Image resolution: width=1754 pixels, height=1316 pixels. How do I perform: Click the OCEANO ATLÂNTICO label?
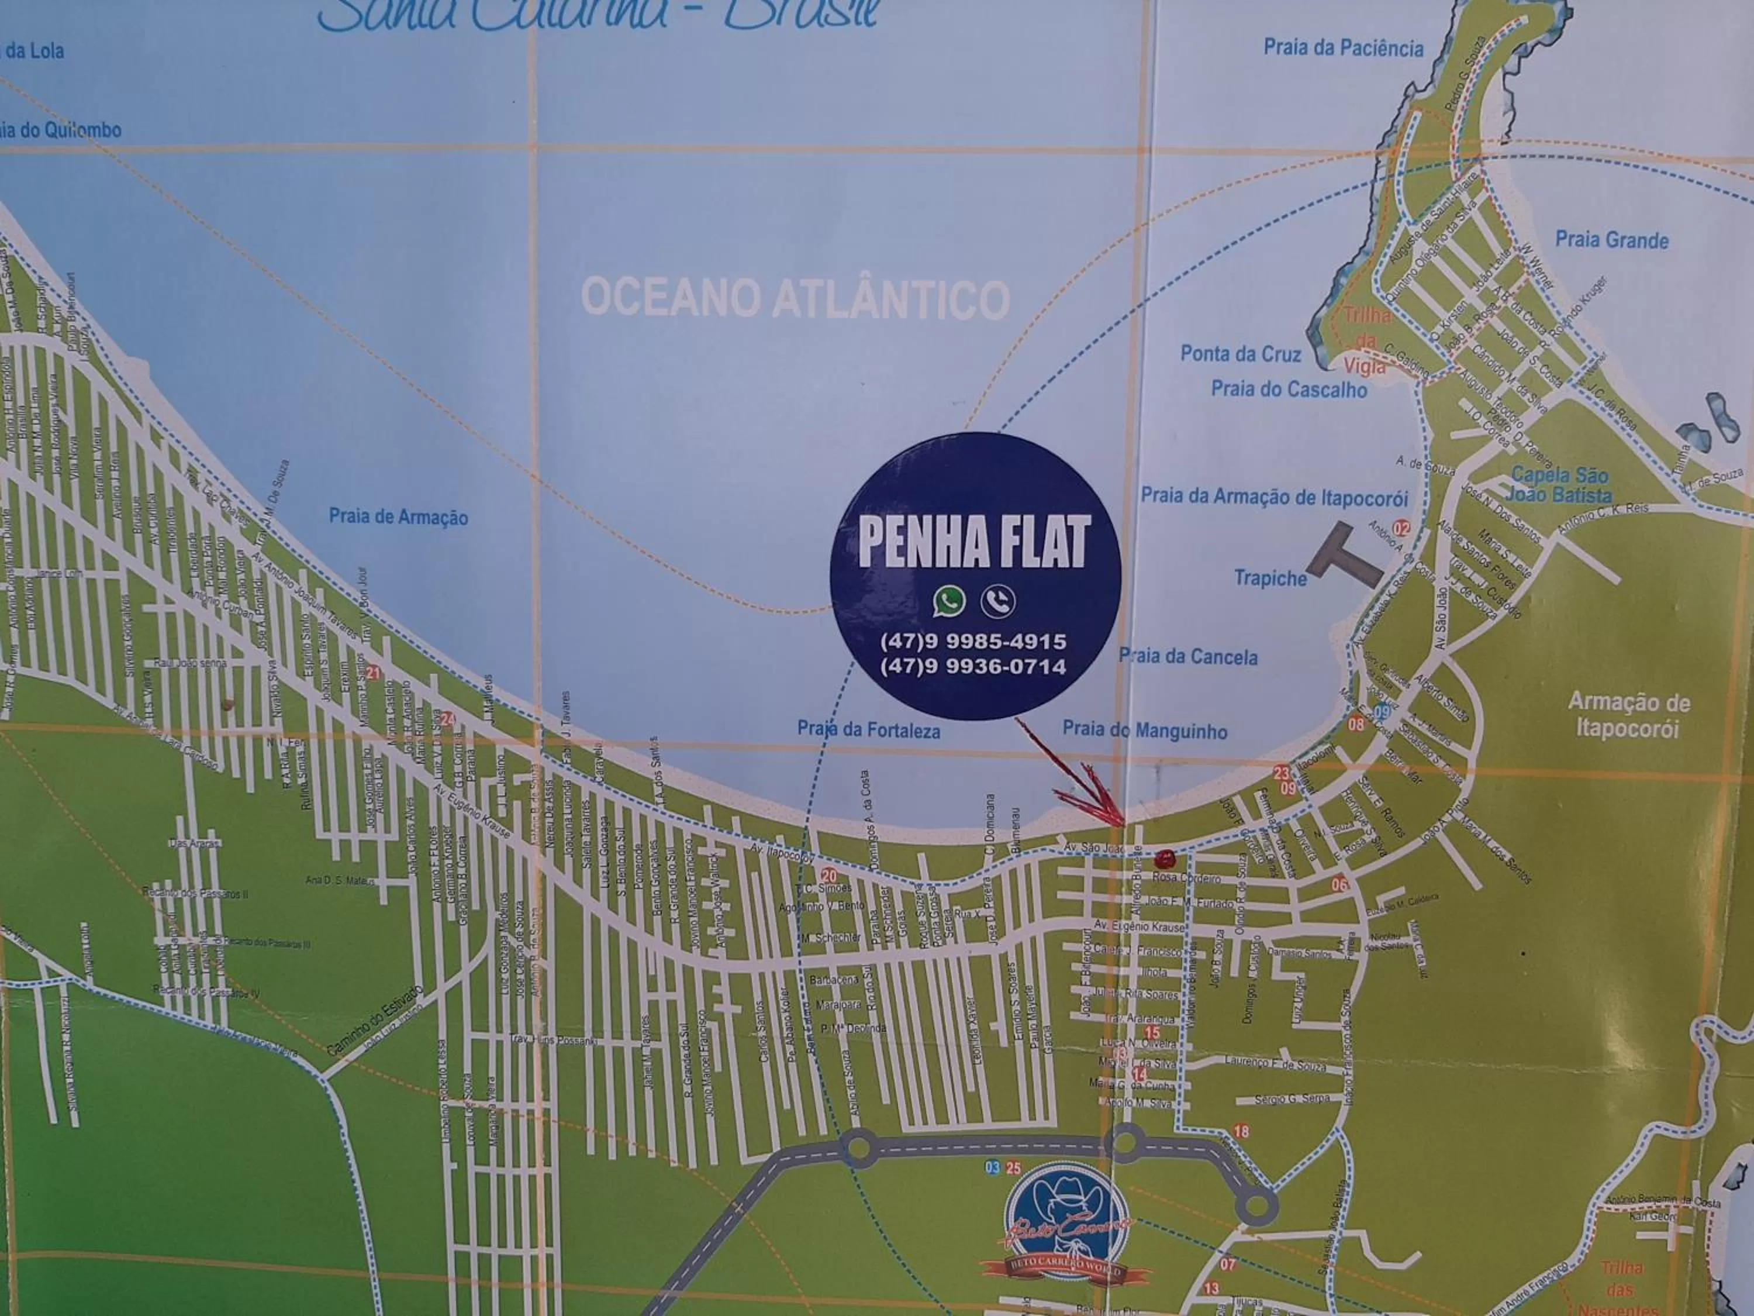click(x=795, y=299)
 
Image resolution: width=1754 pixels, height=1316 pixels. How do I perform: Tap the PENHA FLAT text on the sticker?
click(x=975, y=542)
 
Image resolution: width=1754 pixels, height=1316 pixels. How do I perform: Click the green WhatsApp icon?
click(x=949, y=601)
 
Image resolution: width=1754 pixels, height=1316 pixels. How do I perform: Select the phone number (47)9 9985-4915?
click(x=973, y=641)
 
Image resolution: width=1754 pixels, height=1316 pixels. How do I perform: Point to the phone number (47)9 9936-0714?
click(x=973, y=666)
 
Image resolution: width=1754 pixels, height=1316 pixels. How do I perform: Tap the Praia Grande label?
click(x=1611, y=240)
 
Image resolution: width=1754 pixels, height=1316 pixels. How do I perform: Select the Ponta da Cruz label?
click(x=1240, y=354)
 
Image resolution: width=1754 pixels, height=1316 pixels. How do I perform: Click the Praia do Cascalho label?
click(x=1289, y=390)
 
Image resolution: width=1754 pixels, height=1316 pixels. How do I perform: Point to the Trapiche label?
click(x=1269, y=578)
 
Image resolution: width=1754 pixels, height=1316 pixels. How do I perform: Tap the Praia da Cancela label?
click(x=1188, y=657)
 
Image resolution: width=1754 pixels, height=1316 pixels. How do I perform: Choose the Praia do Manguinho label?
click(x=1144, y=731)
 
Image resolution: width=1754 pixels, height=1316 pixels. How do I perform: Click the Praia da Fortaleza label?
click(x=868, y=730)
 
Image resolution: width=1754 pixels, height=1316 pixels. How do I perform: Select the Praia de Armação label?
click(x=398, y=517)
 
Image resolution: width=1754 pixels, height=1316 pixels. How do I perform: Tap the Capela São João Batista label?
click(x=1558, y=485)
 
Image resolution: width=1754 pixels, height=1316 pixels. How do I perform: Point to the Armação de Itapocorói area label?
click(x=1628, y=715)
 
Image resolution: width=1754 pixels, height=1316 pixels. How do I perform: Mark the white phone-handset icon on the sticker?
click(x=997, y=601)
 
